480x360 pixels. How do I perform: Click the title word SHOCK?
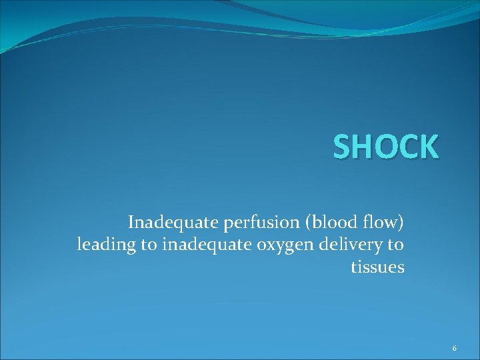[386, 147]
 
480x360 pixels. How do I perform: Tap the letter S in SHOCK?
[343, 147]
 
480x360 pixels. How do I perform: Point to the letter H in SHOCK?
[363, 147]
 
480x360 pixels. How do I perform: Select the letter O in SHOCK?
[385, 147]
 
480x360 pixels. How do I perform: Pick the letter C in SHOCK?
[407, 147]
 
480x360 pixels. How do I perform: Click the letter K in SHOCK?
[428, 147]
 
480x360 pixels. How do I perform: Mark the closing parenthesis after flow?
[401, 221]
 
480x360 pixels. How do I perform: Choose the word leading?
[106, 245]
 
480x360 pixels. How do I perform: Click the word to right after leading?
[148, 245]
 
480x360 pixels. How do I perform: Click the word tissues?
[377, 267]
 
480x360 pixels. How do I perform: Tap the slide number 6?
[454, 349]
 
